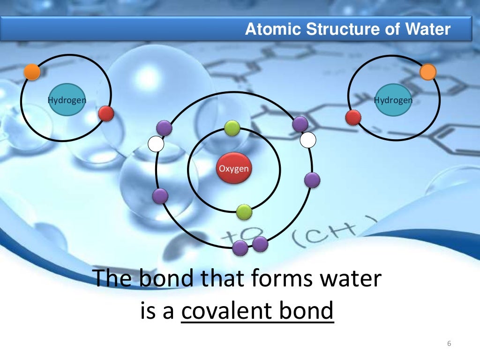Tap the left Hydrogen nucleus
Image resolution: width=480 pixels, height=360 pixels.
tap(67, 99)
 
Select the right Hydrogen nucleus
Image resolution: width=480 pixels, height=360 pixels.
tap(393, 100)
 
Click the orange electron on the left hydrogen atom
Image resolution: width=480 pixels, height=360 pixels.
tap(32, 71)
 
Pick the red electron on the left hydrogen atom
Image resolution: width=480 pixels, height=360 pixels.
tap(106, 113)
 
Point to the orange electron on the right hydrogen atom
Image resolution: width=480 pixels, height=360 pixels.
tap(427, 72)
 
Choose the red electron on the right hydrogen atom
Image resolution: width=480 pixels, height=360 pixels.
tap(353, 117)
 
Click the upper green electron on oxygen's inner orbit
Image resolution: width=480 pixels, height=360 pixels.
tap(232, 127)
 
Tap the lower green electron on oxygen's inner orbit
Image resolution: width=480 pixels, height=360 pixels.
tap(244, 212)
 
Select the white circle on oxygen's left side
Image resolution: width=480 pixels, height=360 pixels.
tap(156, 144)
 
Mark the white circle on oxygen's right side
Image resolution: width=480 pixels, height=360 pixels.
tap(308, 139)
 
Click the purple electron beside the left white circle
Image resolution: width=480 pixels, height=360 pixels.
tap(164, 127)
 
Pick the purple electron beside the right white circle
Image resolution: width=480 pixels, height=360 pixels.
tap(300, 124)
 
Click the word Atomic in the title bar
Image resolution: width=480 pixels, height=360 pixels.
tap(273, 30)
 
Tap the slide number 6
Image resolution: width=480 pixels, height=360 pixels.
tap(449, 345)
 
